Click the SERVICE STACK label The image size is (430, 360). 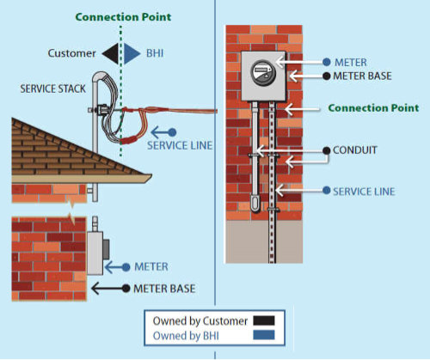[x=53, y=88]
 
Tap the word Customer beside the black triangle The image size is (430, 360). [x=71, y=53]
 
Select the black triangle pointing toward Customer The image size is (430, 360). [x=111, y=53]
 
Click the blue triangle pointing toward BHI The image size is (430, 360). [x=132, y=53]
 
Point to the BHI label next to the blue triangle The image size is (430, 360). [x=155, y=53]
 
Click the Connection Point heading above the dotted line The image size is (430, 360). [x=123, y=17]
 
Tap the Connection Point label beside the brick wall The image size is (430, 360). [x=373, y=108]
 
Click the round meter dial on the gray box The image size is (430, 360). [x=263, y=72]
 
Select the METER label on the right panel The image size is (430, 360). [x=351, y=62]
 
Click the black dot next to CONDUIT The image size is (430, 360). [x=327, y=150]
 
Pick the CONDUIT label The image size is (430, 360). [x=355, y=150]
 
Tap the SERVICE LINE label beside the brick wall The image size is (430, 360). [x=364, y=192]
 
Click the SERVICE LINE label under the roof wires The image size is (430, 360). [x=180, y=145]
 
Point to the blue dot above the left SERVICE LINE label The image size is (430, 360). [x=172, y=132]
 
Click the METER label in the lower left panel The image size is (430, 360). [x=151, y=267]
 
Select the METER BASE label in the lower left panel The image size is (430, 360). [x=164, y=289]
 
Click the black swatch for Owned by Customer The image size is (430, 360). [x=264, y=320]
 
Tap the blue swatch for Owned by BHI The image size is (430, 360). [x=264, y=335]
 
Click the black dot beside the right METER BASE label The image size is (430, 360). [x=327, y=76]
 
